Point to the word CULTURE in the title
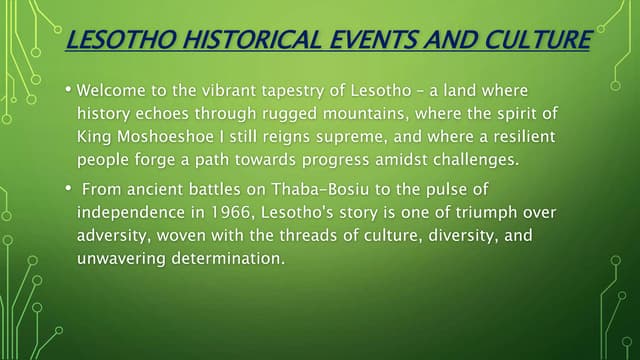point(536,41)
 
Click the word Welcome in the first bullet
point(112,90)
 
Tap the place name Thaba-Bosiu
point(321,190)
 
